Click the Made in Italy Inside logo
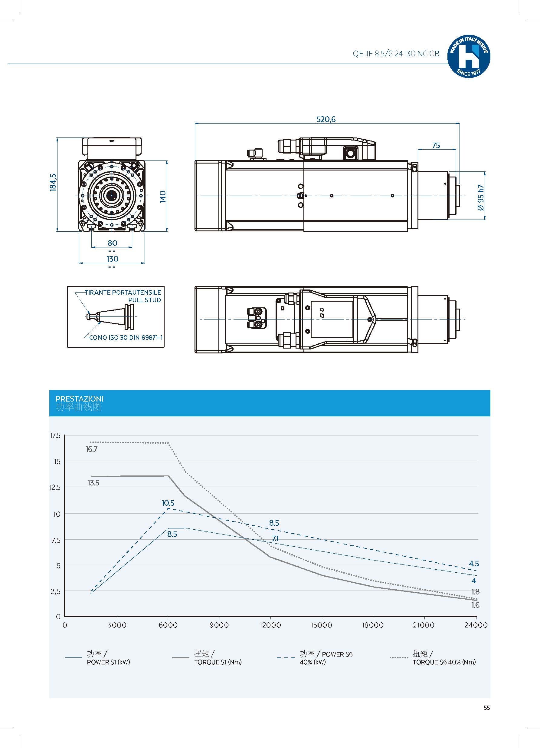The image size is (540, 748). click(469, 57)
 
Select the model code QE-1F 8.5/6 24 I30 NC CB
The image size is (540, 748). click(396, 54)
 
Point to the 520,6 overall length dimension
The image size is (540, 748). click(326, 119)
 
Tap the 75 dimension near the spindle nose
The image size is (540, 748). click(436, 145)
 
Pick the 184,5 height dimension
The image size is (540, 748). click(53, 182)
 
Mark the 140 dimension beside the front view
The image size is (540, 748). click(163, 197)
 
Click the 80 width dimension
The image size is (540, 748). click(112, 243)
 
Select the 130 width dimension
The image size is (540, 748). click(112, 259)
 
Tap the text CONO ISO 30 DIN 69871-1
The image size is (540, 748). click(126, 338)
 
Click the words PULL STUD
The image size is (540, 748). click(144, 300)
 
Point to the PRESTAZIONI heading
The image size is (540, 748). click(79, 399)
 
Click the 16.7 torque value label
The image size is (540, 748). click(92, 449)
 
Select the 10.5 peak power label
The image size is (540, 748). click(168, 503)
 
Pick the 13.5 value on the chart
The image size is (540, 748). click(93, 483)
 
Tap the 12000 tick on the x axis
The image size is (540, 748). click(270, 625)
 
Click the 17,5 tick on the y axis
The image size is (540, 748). click(55, 436)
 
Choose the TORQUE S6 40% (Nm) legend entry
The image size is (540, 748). click(444, 662)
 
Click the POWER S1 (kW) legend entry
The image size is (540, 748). click(108, 662)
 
